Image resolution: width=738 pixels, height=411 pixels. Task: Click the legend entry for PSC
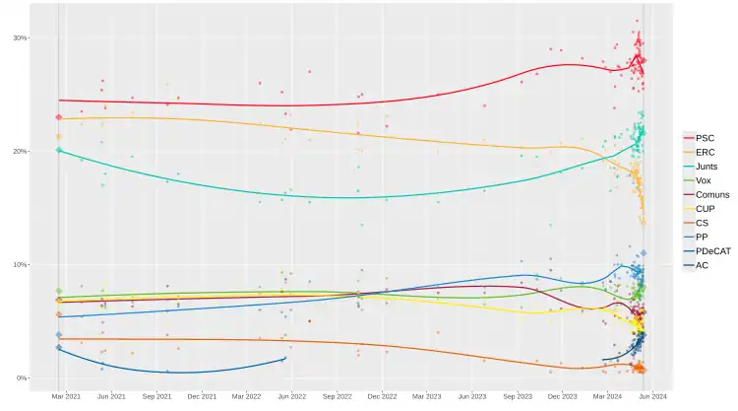point(706,138)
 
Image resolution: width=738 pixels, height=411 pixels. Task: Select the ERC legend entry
point(706,153)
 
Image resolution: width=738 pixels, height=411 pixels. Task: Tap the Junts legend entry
point(707,167)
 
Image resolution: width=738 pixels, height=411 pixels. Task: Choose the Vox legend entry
point(705,180)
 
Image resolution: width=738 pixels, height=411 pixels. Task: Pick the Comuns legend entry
point(711,195)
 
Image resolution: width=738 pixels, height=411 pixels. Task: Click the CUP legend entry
point(706,209)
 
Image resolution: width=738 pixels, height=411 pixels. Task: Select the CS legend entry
point(704,224)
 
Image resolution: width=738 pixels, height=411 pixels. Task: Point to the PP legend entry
point(703,238)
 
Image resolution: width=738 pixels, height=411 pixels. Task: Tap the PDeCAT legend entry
point(712,251)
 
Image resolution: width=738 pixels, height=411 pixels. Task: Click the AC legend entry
point(703,266)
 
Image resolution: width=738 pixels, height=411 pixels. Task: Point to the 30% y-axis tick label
point(20,38)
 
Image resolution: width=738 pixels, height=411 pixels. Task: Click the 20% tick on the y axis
point(20,152)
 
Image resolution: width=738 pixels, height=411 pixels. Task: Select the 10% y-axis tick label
point(20,265)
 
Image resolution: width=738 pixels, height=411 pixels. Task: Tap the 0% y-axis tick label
point(23,378)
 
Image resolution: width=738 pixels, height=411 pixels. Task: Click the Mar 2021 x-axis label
point(66,396)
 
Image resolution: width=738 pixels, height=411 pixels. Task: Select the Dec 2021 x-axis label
point(202,396)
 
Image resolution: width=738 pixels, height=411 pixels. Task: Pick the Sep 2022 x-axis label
point(338,396)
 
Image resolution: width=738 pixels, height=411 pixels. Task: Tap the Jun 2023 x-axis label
point(472,396)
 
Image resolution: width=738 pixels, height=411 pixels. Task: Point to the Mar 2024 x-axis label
point(608,396)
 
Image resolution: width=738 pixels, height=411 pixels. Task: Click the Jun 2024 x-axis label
point(653,396)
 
